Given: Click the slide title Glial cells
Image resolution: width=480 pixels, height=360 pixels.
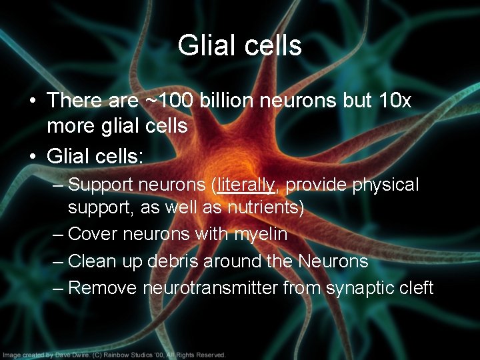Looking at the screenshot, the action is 240,46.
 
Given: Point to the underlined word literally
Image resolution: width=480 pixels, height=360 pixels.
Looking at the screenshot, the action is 246,183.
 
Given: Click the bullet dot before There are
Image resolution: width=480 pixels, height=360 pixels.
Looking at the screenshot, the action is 32,101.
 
